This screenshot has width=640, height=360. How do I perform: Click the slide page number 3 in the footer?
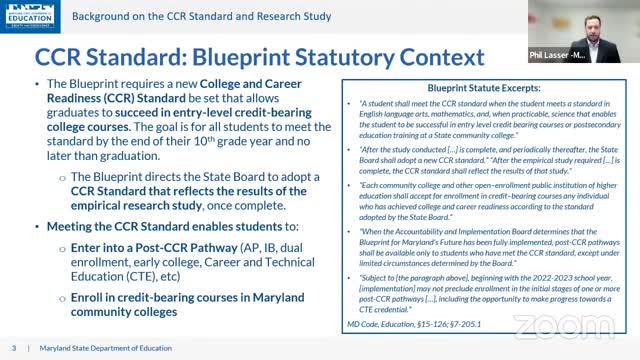click(13, 347)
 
